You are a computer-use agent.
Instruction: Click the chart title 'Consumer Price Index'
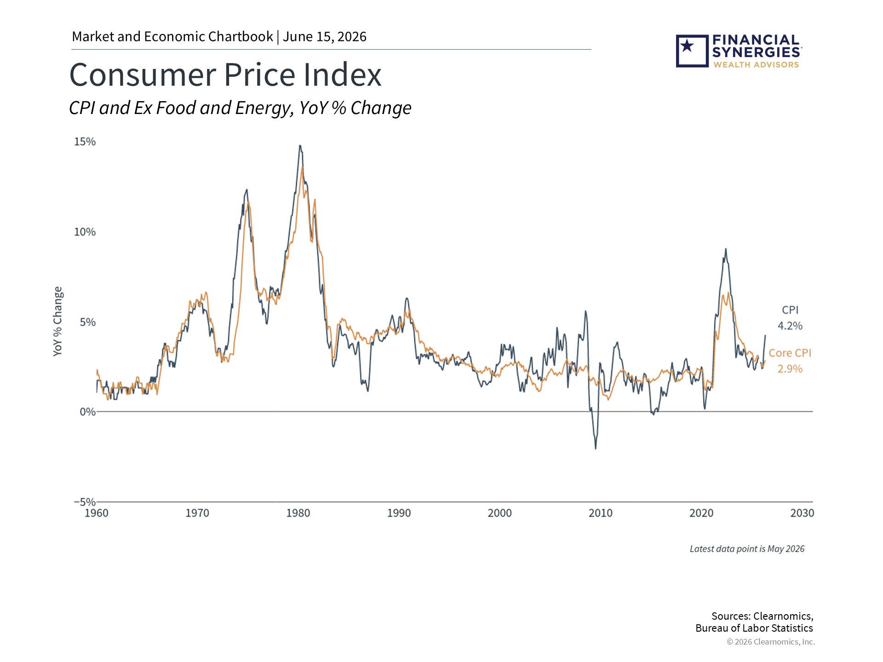(x=225, y=75)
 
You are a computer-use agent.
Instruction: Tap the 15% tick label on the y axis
(x=85, y=142)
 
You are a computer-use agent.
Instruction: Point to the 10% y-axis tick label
(x=85, y=232)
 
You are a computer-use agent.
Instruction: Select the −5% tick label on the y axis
(x=85, y=502)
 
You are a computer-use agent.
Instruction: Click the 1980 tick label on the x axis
(x=298, y=513)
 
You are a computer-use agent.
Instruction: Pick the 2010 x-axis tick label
(x=601, y=513)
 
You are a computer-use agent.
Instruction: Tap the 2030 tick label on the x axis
(x=802, y=513)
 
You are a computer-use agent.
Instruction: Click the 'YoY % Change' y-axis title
(x=58, y=321)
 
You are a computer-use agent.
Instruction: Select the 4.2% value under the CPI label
(x=790, y=326)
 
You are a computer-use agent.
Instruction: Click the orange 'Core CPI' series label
(x=790, y=353)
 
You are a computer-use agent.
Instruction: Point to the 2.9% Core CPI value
(x=790, y=369)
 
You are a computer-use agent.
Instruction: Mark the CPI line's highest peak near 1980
(x=300, y=146)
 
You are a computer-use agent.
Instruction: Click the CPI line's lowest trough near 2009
(x=596, y=448)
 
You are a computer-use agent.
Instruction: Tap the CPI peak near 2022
(x=726, y=249)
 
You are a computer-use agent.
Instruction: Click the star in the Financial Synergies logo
(x=688, y=46)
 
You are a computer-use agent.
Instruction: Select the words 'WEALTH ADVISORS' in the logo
(x=756, y=65)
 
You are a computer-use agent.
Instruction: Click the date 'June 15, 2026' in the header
(x=325, y=37)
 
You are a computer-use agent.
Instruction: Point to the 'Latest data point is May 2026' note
(x=747, y=549)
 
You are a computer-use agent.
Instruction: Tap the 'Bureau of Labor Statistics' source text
(x=754, y=628)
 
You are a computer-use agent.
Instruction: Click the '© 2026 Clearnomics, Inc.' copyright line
(x=771, y=642)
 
